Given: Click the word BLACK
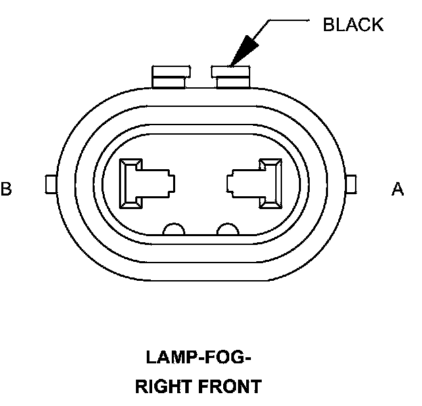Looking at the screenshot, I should coord(353,25).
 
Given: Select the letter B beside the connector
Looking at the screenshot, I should coord(6,189).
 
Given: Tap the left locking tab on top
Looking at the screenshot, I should coord(169,76).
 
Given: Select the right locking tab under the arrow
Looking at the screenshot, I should coord(232,76).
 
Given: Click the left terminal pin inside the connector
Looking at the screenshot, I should coord(145,183).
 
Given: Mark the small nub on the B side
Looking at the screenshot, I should coord(48,183).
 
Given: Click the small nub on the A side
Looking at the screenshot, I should coord(351,183).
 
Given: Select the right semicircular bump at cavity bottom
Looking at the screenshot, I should coord(227,229).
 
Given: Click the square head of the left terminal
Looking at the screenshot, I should coord(131,183).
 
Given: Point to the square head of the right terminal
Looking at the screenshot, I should coord(271,183).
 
